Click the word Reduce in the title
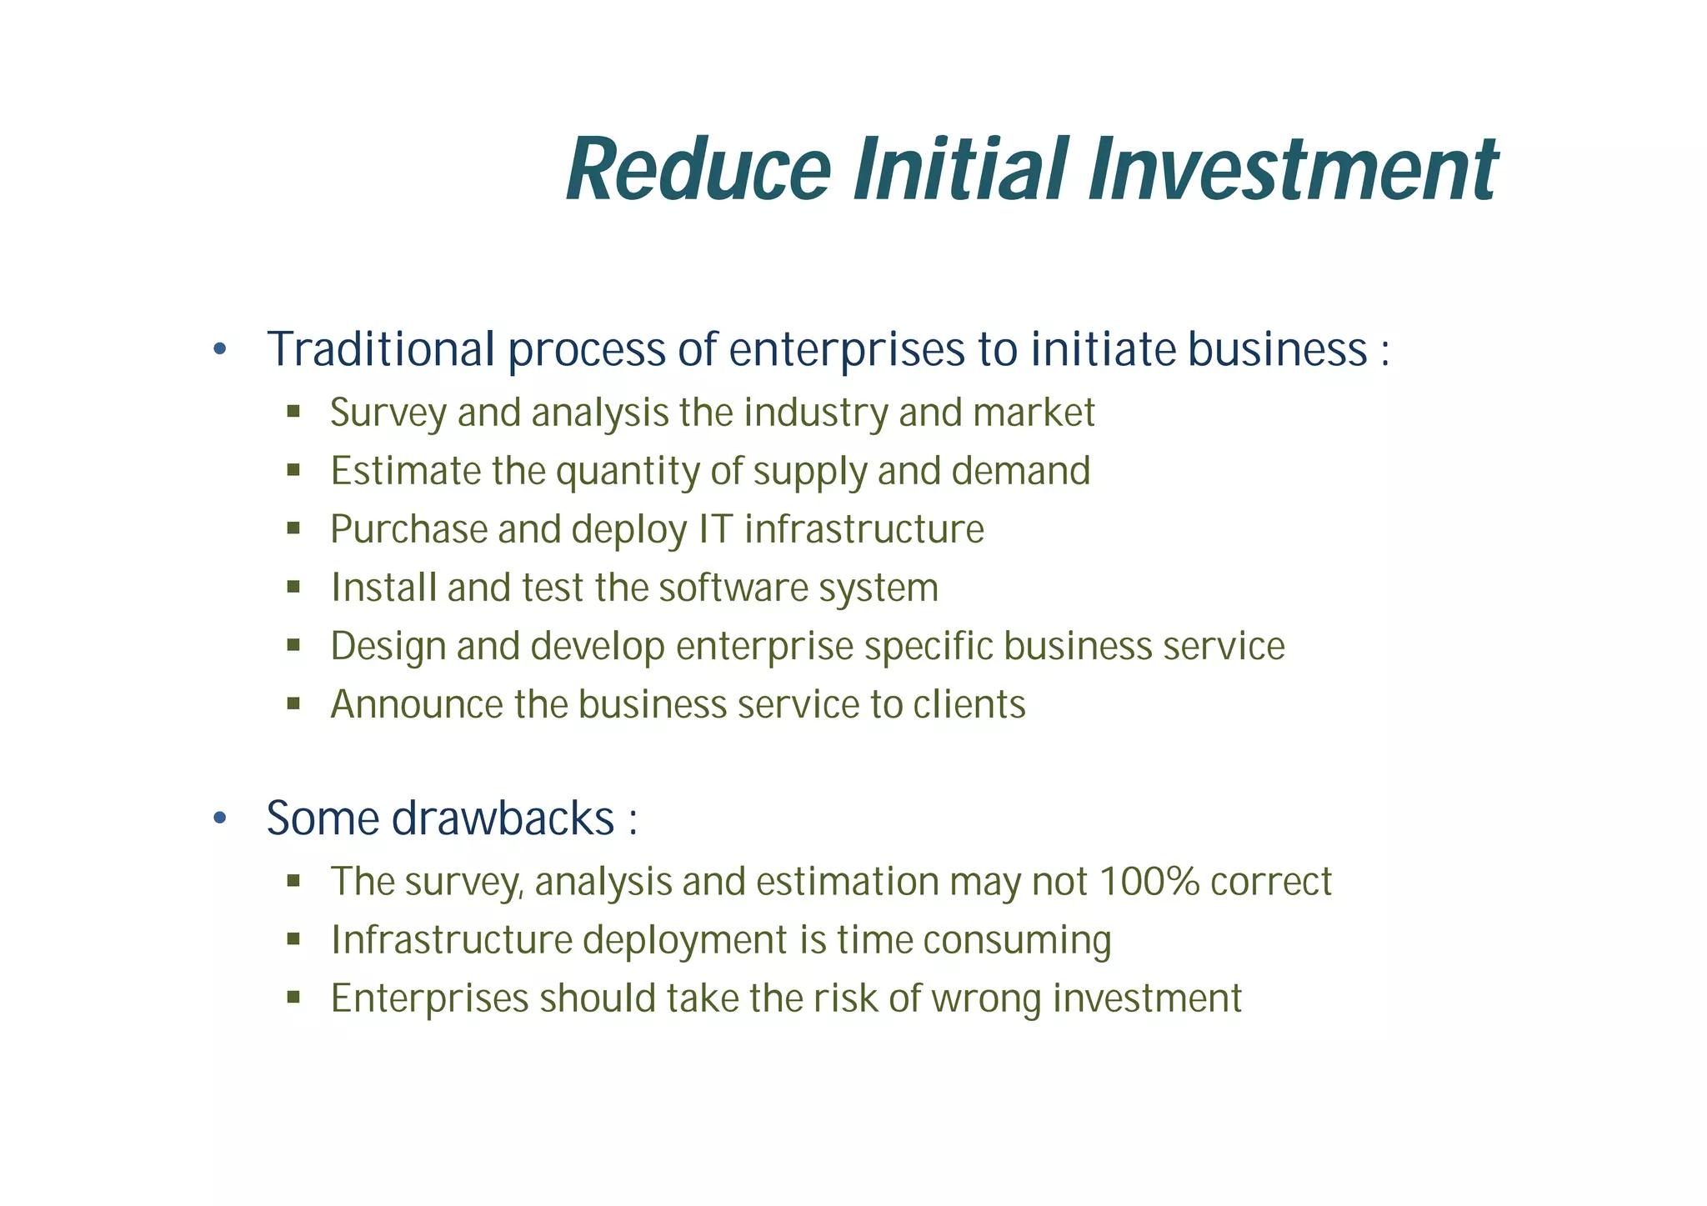698,170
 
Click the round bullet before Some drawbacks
219,818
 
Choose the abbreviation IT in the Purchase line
715,529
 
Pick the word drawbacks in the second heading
503,818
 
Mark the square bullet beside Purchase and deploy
293,528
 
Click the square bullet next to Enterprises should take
293,998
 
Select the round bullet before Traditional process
219,349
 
